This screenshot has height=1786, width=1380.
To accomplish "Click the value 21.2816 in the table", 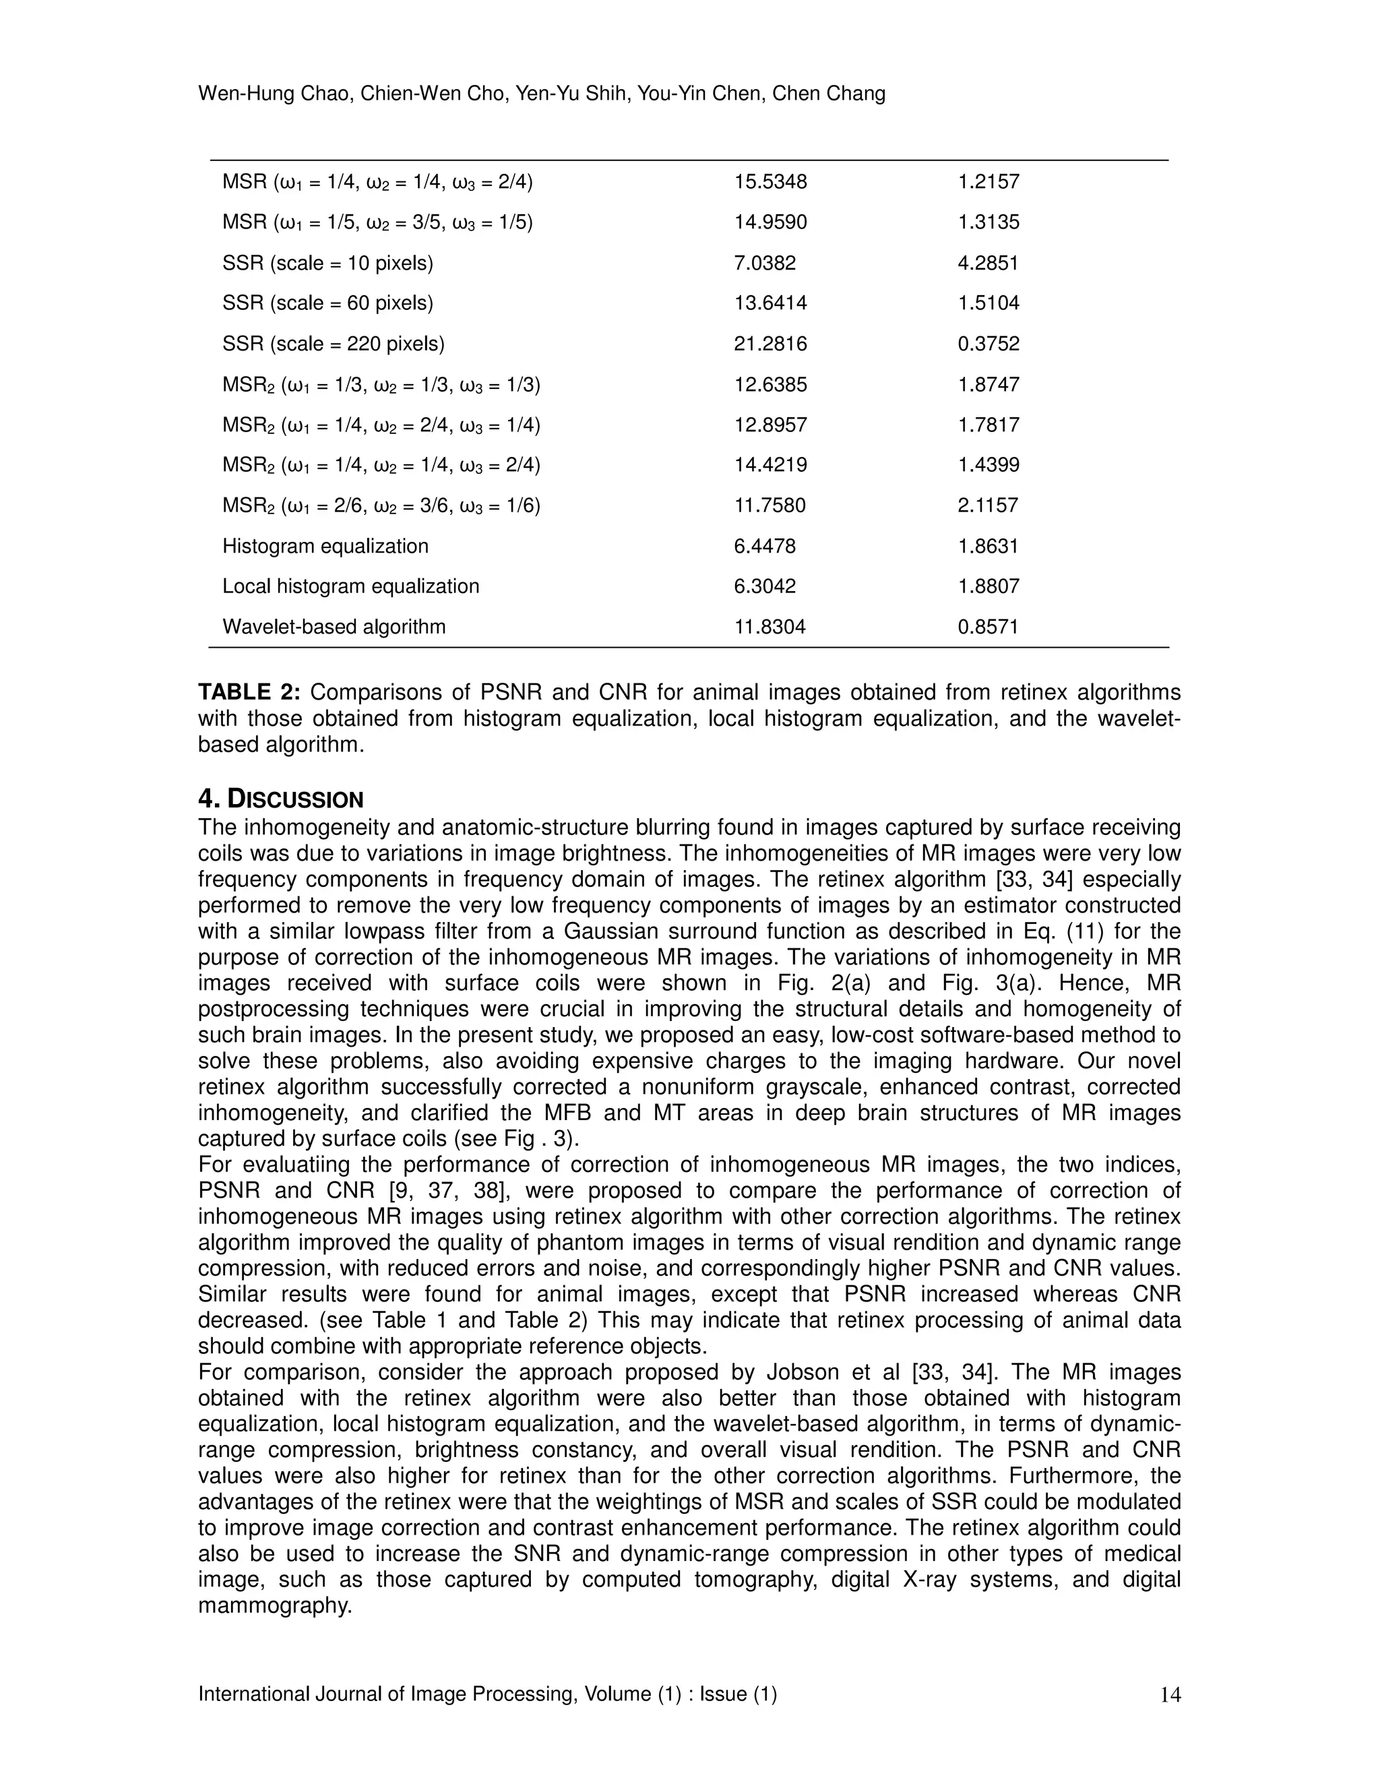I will tap(770, 344).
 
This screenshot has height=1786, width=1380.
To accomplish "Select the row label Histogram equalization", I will tap(325, 547).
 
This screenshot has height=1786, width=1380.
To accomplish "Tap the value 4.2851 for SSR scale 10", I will tap(988, 264).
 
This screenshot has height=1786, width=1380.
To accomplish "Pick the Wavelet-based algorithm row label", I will tap(334, 627).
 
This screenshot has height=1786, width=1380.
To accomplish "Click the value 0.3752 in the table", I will tap(988, 344).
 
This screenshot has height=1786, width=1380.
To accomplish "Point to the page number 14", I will tap(1170, 1695).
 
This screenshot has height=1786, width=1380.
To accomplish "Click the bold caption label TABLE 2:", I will tap(249, 693).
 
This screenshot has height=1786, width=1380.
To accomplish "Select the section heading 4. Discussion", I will tap(280, 799).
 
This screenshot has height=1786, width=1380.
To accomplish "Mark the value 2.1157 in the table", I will tap(988, 505).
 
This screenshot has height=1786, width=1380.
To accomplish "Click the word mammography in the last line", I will tap(275, 1605).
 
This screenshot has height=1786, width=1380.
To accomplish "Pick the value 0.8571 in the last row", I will tap(988, 627).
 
